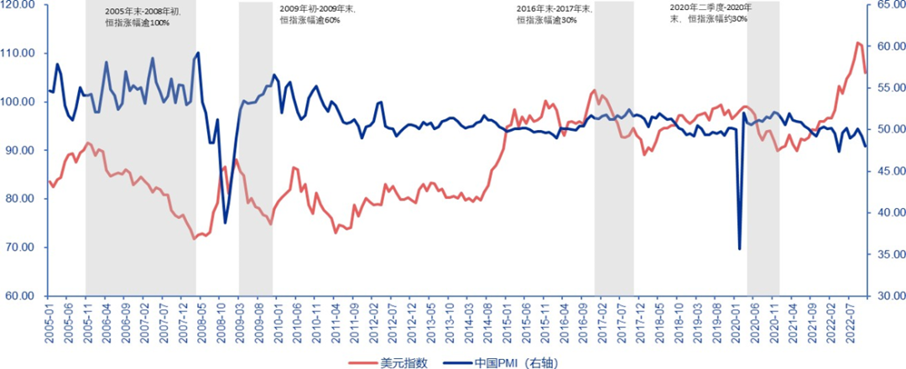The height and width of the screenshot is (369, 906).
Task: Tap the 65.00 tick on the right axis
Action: tap(887, 5)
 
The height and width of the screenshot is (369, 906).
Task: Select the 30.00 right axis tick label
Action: tap(887, 296)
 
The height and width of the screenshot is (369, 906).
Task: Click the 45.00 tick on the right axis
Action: tap(887, 171)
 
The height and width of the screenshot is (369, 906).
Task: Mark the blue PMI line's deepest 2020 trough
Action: tap(739, 249)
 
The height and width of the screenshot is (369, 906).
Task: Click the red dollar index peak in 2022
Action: tap(858, 42)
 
